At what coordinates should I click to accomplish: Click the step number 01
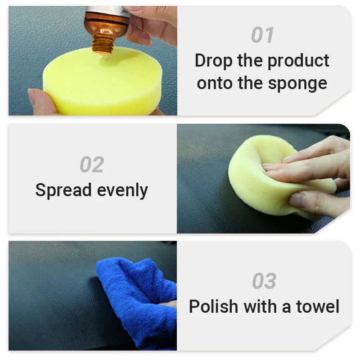point(262,35)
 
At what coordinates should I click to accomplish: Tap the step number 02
point(92,165)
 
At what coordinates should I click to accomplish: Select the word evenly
point(122,190)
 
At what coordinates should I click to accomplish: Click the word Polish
point(213,306)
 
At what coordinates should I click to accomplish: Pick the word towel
point(317,306)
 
